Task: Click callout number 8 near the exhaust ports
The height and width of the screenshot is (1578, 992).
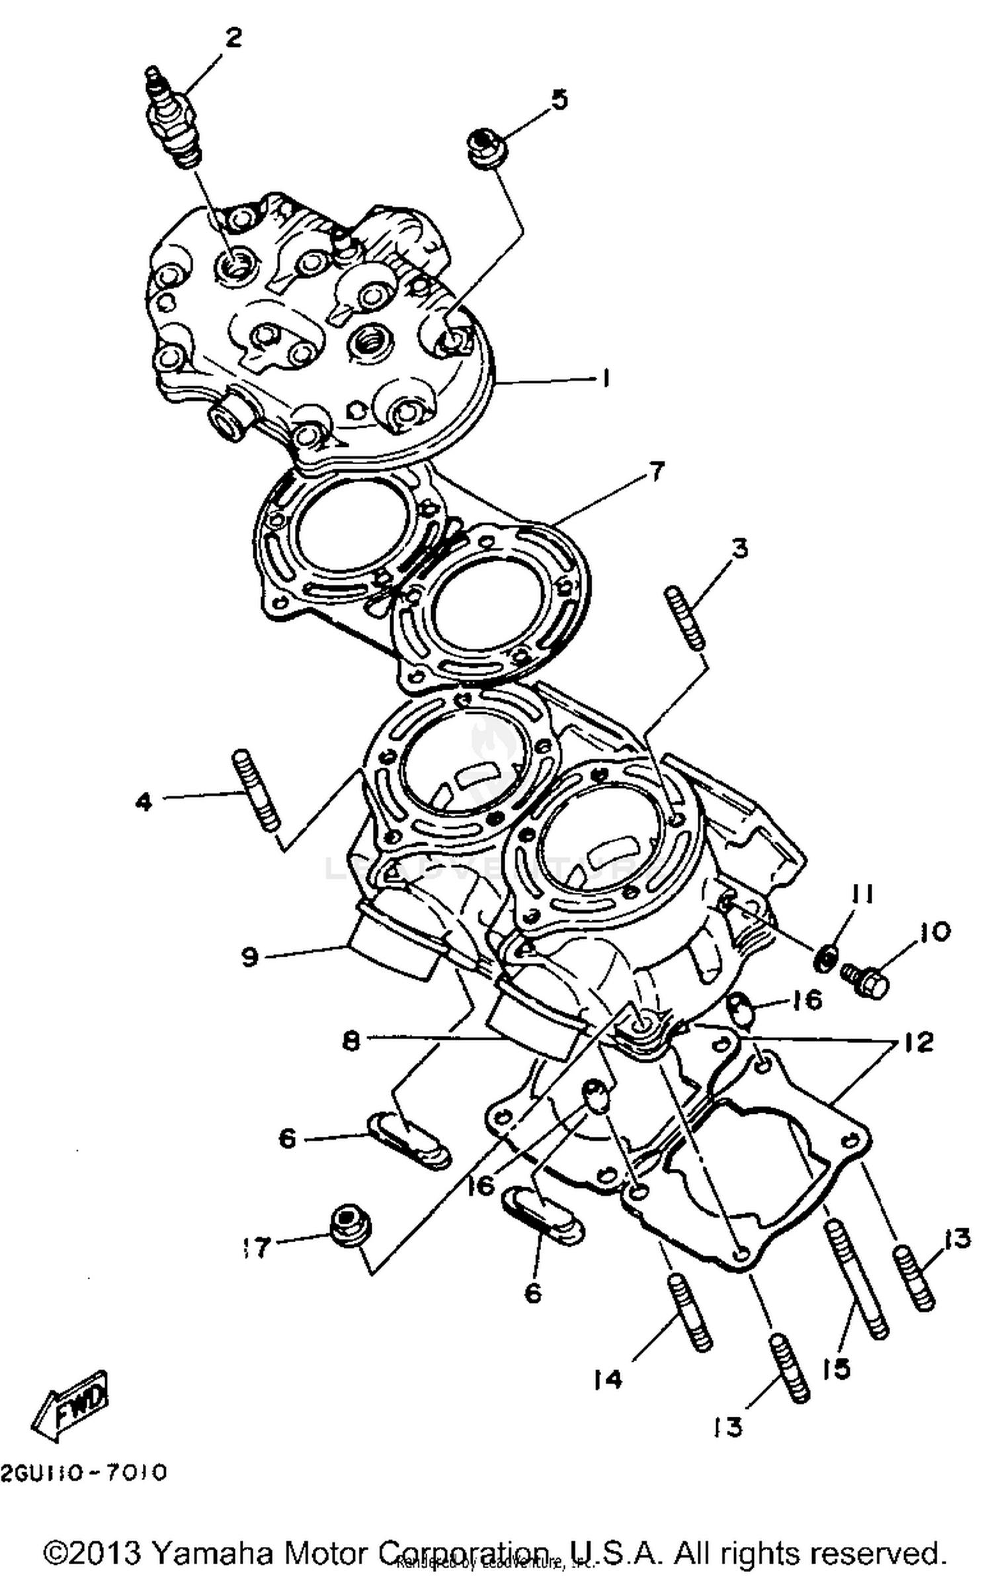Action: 352,1042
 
